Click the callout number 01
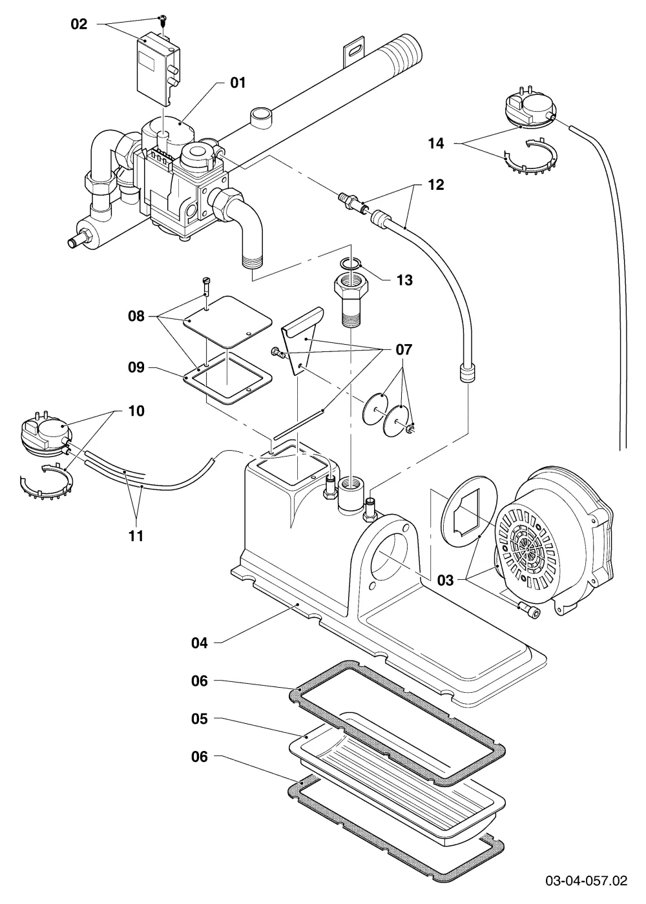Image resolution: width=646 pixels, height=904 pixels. pos(238,83)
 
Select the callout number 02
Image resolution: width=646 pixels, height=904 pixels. pos(79,25)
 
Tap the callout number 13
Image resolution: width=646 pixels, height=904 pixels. pos(404,280)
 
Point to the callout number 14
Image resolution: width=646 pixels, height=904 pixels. pos(436,143)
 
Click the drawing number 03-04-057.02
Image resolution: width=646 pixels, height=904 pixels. pos(587,880)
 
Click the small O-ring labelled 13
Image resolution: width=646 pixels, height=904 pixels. pos(350,263)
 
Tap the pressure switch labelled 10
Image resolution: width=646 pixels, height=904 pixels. pos(46,433)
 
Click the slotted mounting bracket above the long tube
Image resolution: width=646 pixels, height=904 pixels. pos(354,52)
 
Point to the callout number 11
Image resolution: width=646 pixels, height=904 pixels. pos(136,536)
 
